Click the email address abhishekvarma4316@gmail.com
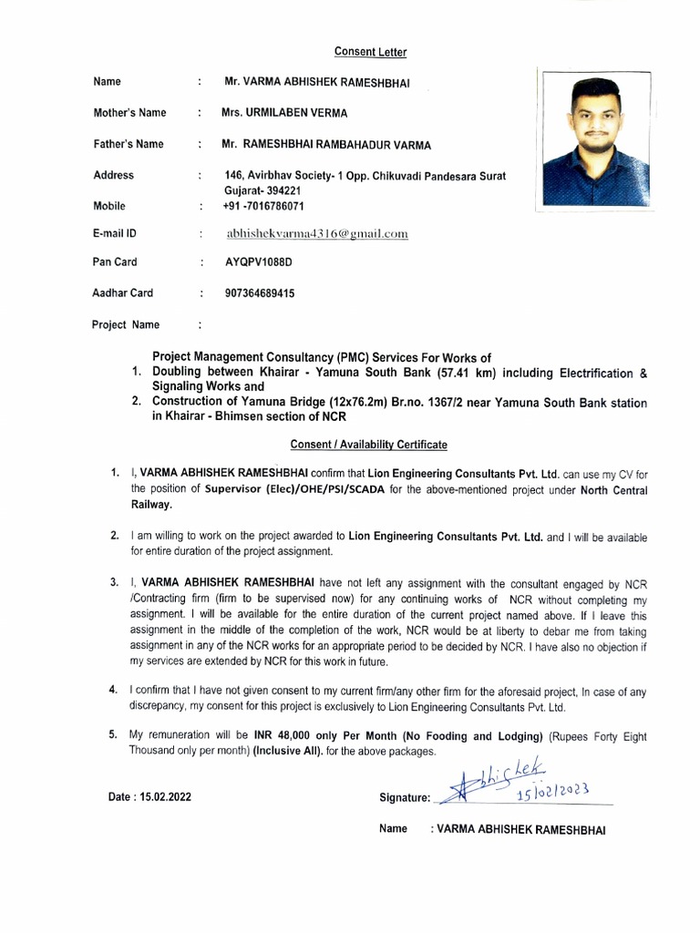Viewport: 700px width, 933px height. pos(316,234)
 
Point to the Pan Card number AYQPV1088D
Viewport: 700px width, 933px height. pos(259,262)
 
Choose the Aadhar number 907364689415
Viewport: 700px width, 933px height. pos(260,293)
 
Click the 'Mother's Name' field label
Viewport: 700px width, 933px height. pos(129,113)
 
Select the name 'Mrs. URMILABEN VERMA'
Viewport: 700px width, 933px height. pos(283,113)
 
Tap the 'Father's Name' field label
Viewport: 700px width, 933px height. pos(129,144)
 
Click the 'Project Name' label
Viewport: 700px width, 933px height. pos(126,324)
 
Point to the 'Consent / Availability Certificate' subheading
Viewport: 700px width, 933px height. pos(368,445)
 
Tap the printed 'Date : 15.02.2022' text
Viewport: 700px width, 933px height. pos(149,796)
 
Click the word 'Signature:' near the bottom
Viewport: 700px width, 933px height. pos(404,797)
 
